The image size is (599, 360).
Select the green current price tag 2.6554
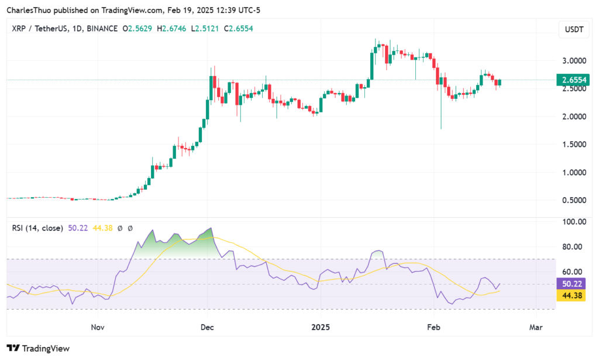coord(573,80)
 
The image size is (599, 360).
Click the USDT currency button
coord(571,29)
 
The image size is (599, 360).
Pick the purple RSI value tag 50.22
coord(573,284)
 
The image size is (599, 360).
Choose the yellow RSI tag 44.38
coord(573,296)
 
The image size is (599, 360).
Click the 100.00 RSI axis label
coord(573,222)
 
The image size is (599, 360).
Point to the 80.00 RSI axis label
coord(573,247)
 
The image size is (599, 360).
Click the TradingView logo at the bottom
coord(38,348)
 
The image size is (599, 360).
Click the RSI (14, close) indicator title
coord(37,228)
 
